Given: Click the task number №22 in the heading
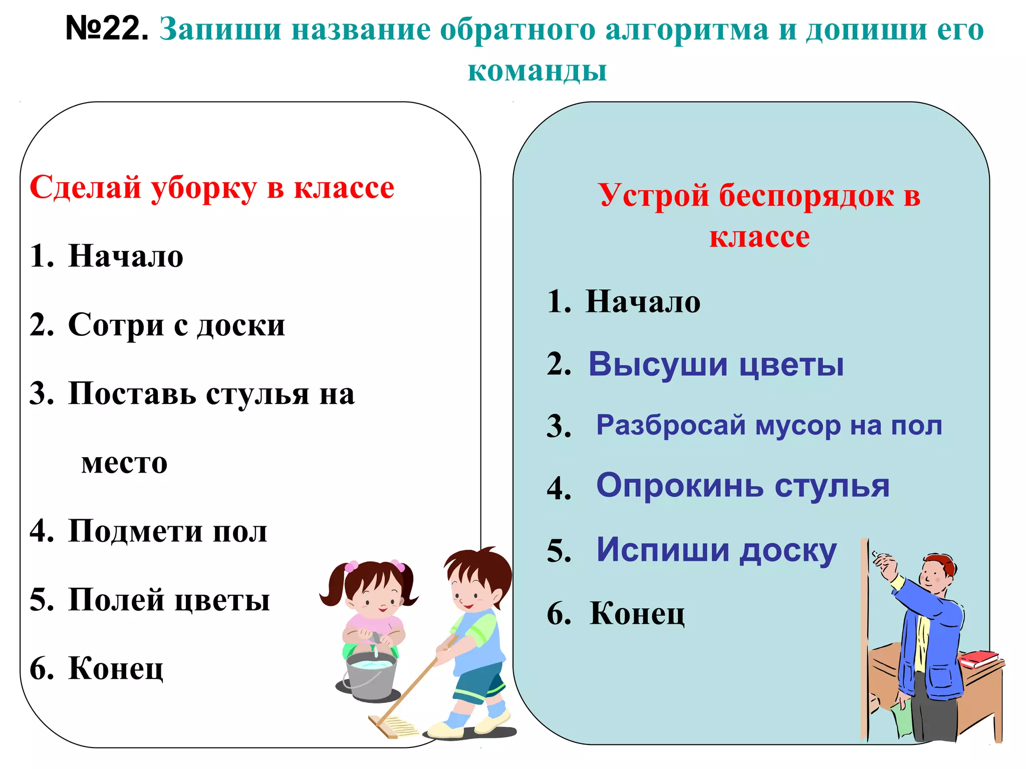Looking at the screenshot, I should (107, 29).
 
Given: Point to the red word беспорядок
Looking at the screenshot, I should (806, 195).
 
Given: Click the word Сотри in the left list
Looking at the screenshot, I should (116, 325).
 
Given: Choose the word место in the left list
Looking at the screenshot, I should (124, 463).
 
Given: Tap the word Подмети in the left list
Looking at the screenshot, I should (135, 531).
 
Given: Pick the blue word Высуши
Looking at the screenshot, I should (658, 364).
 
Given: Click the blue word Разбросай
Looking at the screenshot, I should (671, 426).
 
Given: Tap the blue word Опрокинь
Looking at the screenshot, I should (680, 486).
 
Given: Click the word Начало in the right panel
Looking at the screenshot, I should (643, 302).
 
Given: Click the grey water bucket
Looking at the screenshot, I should (371, 676).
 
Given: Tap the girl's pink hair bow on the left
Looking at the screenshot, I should (351, 567).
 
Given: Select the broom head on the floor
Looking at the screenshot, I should (393, 726).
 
